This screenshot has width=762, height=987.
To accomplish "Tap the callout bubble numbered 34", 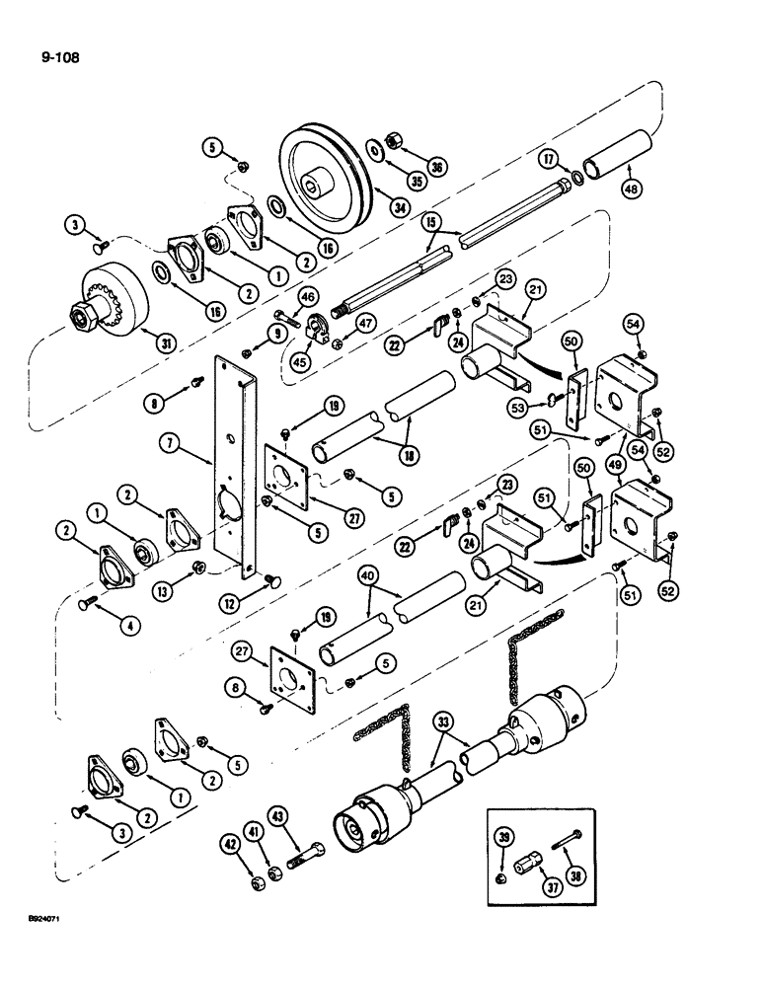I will (370, 207).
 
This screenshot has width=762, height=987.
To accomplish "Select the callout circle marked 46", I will (307, 294).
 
